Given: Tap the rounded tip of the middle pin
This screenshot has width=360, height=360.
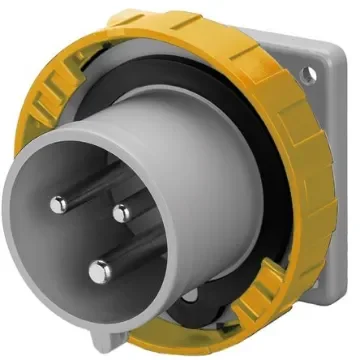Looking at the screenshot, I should pyautogui.click(x=122, y=212).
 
